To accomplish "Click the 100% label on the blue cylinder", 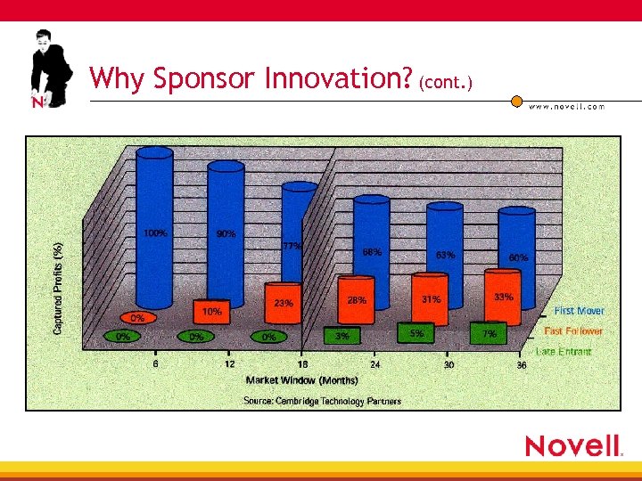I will (x=154, y=233).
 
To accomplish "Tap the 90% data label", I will (x=226, y=233).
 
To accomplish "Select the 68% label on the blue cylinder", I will (x=372, y=252).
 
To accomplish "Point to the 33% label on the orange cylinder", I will (x=504, y=297).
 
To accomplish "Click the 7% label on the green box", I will (x=490, y=334).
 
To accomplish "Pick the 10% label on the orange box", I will (x=212, y=312).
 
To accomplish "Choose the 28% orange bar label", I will (x=357, y=300).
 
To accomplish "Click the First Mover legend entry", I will (x=579, y=311).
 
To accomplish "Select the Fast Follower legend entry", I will (x=573, y=330).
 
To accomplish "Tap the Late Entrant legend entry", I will (x=564, y=351).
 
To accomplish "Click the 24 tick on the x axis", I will (x=375, y=365).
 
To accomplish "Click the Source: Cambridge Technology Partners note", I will (x=323, y=401).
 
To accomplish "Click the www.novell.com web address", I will (x=566, y=106).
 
